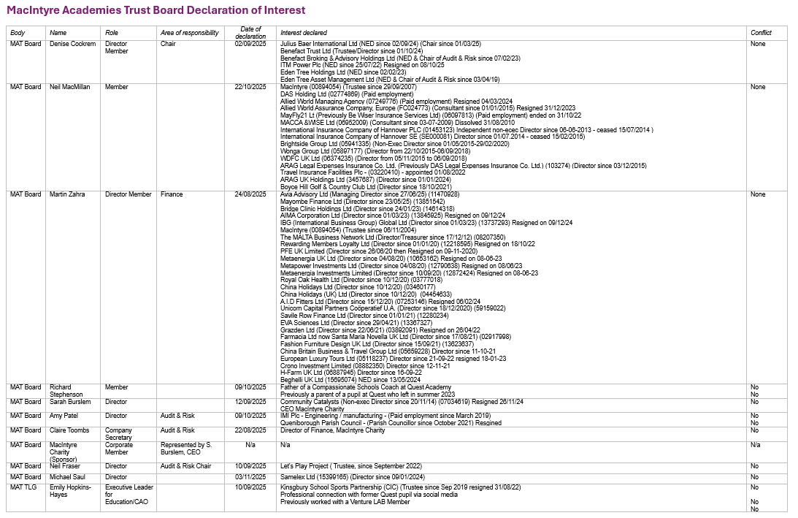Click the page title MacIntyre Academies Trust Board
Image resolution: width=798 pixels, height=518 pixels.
[x=156, y=11]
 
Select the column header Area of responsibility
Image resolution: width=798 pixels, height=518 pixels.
[x=189, y=33]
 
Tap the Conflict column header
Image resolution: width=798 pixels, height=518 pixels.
[x=761, y=33]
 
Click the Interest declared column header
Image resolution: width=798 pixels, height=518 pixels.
[x=304, y=33]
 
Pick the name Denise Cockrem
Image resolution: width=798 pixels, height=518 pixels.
[x=72, y=44]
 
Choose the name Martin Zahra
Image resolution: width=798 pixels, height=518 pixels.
[x=67, y=194]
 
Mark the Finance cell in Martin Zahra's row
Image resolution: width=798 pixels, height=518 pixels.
[x=172, y=194]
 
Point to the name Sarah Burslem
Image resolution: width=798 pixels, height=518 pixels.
[x=70, y=402]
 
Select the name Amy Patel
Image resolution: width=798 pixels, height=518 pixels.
[x=65, y=416]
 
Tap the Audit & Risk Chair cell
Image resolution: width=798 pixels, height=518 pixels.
[x=185, y=466]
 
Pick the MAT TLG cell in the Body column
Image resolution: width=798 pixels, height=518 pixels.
[x=26, y=487]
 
